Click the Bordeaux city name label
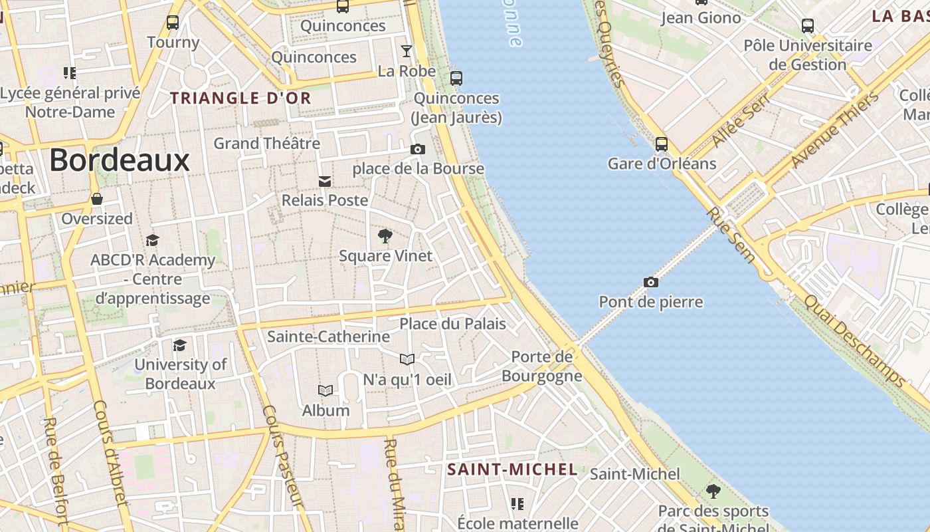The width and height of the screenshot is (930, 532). tap(120, 160)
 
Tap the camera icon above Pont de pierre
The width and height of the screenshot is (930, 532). tap(651, 282)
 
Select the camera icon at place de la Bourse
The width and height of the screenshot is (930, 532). tap(417, 149)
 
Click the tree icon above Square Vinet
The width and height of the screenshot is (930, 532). tap(385, 235)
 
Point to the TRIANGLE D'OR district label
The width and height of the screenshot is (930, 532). tap(240, 98)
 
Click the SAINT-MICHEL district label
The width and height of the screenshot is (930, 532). tap(512, 469)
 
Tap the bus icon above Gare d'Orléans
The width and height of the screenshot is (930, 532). tap(661, 144)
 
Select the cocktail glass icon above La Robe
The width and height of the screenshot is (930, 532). tap(406, 51)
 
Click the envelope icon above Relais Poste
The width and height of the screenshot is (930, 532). tap(324, 181)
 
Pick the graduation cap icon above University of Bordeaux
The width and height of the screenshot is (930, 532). tap(179, 345)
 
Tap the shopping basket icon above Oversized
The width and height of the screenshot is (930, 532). tap(97, 199)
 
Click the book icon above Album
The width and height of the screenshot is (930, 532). tap(325, 390)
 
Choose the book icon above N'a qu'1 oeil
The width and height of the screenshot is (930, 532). tap(407, 360)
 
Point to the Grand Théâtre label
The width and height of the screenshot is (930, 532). tap(266, 143)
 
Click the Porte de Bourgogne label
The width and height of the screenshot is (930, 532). tap(541, 366)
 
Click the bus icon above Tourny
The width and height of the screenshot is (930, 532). tap(173, 22)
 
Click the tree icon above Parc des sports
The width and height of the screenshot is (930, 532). tap(713, 491)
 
